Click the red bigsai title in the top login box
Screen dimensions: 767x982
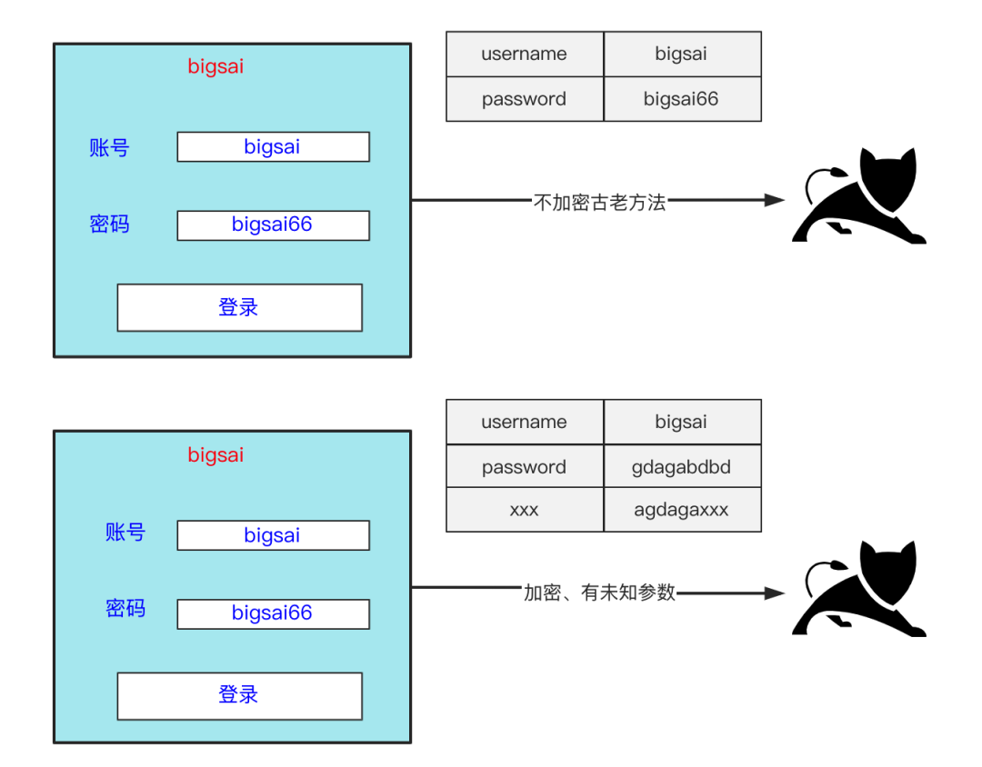(215, 66)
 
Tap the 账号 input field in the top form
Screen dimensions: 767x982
(273, 147)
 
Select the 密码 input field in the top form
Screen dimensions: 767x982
(273, 225)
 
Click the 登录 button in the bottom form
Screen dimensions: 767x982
(239, 696)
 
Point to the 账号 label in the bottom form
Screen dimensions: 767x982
(125, 533)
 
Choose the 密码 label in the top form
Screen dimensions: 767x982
(110, 224)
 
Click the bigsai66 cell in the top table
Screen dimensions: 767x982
(681, 99)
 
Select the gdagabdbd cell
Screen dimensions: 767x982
(681, 467)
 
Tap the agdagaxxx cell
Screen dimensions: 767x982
(681, 510)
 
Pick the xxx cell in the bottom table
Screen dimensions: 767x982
(524, 510)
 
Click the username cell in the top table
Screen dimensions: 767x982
(524, 54)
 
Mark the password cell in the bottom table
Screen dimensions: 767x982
(524, 467)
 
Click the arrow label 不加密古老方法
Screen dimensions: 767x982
(600, 203)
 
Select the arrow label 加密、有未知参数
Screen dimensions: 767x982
(600, 593)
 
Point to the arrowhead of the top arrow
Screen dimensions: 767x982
(775, 200)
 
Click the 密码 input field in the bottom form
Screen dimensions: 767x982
(273, 613)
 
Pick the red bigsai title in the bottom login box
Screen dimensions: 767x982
(215, 455)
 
